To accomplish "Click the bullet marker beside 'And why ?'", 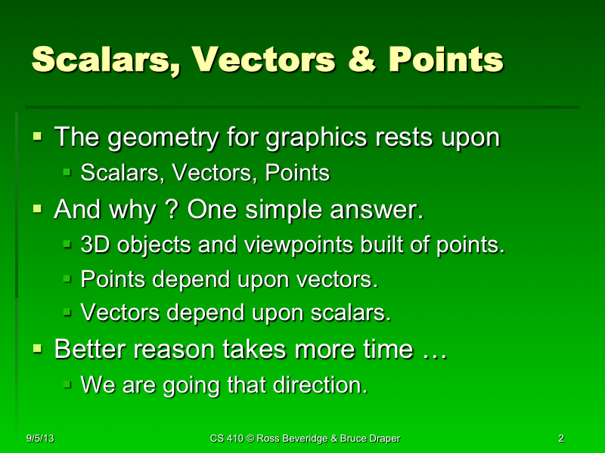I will pyautogui.click(x=38, y=209).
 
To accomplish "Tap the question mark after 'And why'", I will pyautogui.click(x=171, y=209).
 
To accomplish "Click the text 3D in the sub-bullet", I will pyautogui.click(x=95, y=245).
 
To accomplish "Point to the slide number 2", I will pyautogui.click(x=560, y=439).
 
